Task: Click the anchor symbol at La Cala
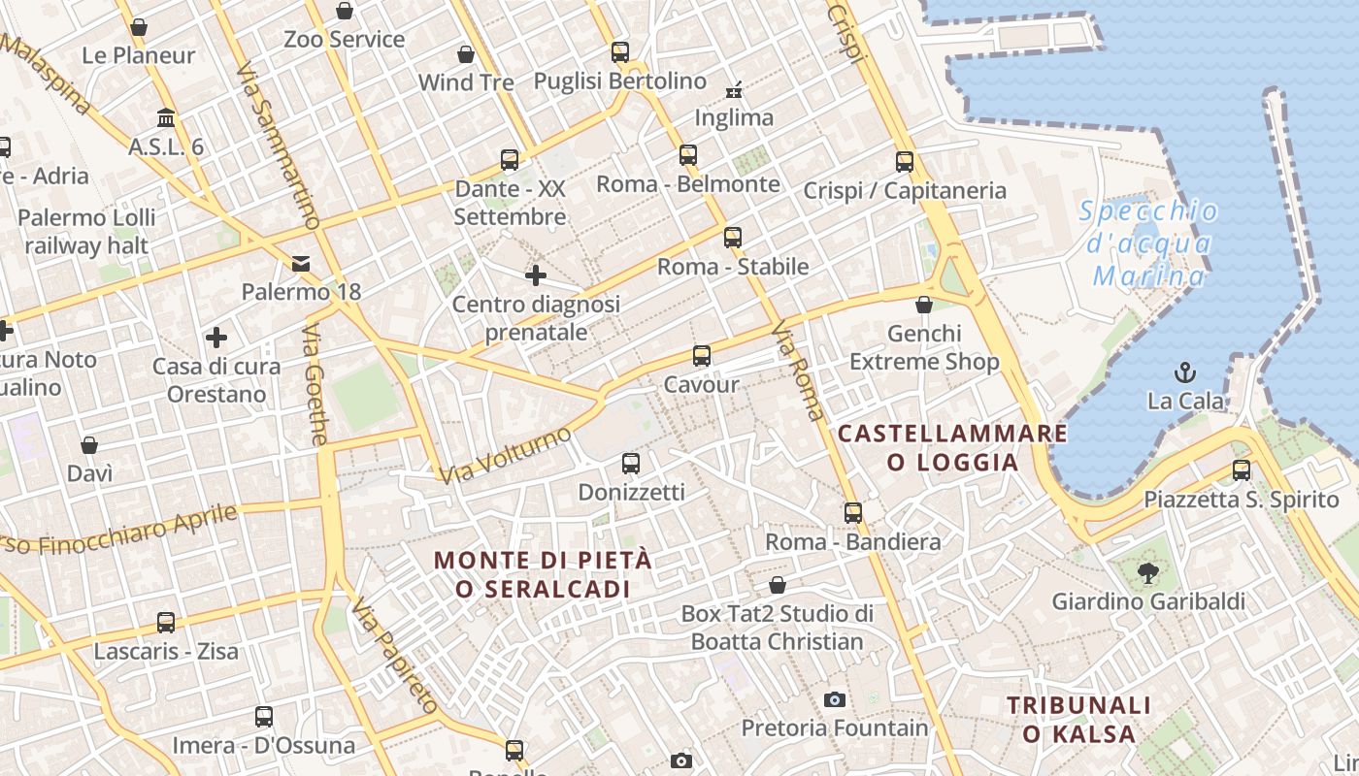1184,372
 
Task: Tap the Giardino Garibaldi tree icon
1148,572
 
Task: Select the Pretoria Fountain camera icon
834,699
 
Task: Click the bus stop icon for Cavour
702,356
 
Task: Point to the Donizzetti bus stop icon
631,464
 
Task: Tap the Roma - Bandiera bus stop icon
853,513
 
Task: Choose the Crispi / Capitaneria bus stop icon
905,162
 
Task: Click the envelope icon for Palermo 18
301,263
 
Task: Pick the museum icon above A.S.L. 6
166,118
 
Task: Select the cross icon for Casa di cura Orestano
216,338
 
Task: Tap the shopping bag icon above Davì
89,445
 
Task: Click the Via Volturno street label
505,454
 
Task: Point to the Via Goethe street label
315,384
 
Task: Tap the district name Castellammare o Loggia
952,447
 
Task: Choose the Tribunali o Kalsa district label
1078,720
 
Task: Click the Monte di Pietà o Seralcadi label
543,574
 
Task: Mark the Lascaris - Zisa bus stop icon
166,623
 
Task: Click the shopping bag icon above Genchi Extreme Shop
924,306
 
